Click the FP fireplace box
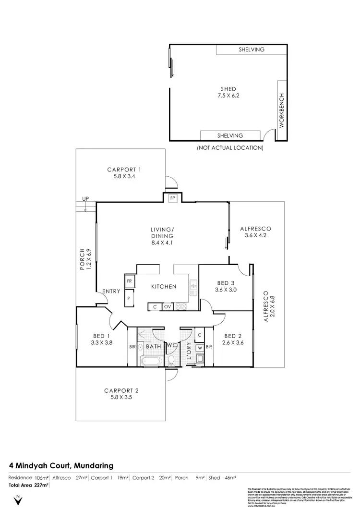(172, 197)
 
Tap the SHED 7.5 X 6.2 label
(228, 92)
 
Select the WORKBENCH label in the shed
(282, 110)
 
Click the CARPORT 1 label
(124, 170)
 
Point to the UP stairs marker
(85, 198)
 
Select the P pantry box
(129, 298)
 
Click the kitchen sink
(193, 287)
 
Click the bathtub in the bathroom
(150, 360)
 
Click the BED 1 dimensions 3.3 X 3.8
(101, 343)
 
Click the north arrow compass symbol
(18, 500)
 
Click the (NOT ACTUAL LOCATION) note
(230, 148)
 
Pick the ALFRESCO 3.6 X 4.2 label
(256, 232)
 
